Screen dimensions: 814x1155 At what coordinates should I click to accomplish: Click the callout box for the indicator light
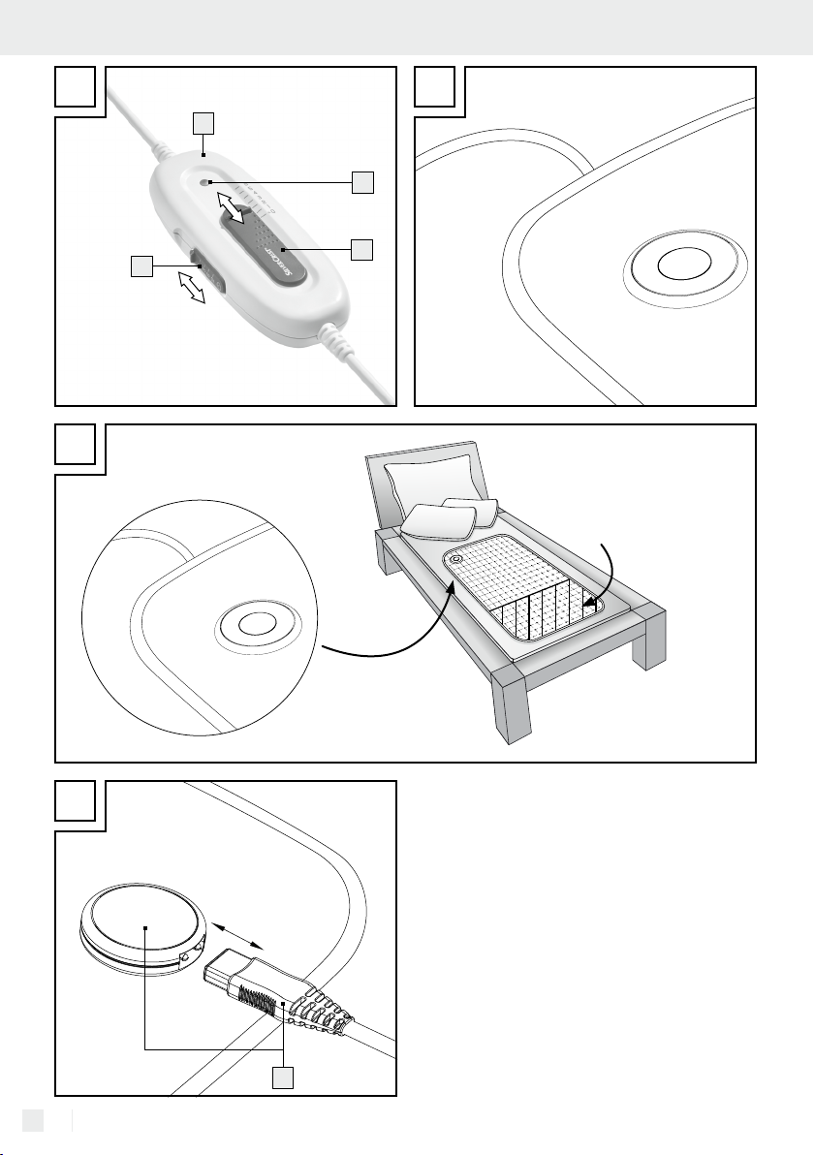(362, 181)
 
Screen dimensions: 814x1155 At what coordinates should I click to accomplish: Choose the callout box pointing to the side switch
(142, 266)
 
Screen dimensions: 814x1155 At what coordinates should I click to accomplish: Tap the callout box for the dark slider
(362, 249)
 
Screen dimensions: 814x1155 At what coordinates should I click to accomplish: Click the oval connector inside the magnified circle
(251, 623)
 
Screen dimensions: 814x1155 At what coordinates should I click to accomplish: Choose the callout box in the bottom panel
(283, 1077)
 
